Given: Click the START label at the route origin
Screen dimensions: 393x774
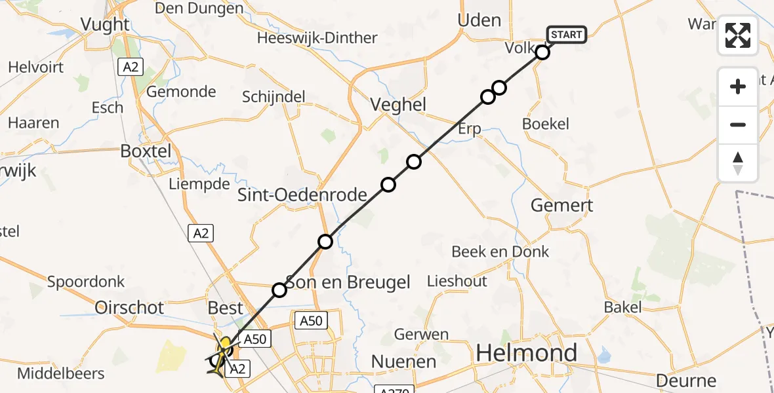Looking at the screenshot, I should [565, 35].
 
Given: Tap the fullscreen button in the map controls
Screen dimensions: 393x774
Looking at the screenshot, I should [738, 35].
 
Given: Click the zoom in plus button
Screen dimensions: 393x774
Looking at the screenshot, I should [738, 86].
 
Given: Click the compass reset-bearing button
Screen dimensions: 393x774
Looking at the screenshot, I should [738, 163].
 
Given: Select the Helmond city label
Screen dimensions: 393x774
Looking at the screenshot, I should [527, 353].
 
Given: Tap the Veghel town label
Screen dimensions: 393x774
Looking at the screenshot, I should [398, 104].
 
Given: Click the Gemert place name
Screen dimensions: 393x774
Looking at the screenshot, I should [561, 205].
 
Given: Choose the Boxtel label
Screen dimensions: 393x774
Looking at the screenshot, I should [146, 151].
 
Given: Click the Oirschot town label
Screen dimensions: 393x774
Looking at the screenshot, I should [130, 307].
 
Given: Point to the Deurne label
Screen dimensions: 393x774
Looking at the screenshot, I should [686, 381].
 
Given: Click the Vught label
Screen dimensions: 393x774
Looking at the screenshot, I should [104, 24].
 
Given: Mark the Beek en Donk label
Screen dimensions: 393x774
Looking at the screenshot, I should [500, 252].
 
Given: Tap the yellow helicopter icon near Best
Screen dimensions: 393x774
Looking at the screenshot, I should [226, 345].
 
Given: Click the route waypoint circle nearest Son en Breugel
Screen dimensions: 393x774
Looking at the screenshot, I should [279, 290].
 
